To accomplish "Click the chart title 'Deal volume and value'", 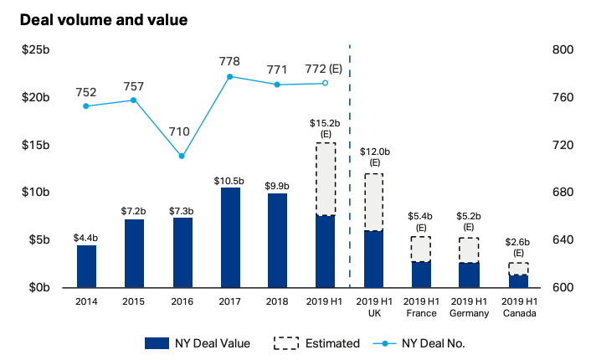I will (104, 18).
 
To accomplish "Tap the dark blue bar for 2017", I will (230, 238).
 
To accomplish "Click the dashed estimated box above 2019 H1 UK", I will (373, 202).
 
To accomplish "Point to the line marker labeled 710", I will (182, 156).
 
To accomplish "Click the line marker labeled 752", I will (86, 105).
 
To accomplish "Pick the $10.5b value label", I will (229, 181).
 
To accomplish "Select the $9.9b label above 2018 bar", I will (277, 186).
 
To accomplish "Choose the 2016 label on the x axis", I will (182, 301).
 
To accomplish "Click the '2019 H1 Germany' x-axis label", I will (469, 307).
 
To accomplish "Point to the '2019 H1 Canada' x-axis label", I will (518, 307).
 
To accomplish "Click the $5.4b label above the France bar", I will (421, 215).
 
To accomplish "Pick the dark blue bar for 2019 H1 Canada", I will (518, 281).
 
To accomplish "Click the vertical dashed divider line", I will (349, 167).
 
